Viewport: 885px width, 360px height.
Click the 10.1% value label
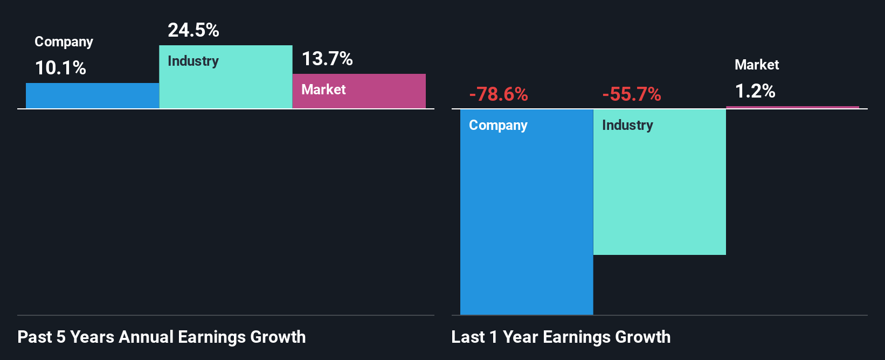(60, 68)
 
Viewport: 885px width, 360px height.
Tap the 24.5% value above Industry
(193, 30)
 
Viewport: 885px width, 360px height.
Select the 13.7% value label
(327, 59)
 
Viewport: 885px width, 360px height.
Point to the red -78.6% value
(499, 94)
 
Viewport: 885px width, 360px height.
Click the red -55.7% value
(632, 94)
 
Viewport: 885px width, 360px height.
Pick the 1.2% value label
(755, 91)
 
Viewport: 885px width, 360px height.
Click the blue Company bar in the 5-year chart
(92, 96)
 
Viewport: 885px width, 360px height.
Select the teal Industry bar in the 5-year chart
(226, 86)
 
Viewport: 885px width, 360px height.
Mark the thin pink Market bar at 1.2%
(792, 107)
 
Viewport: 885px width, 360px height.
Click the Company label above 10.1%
(64, 42)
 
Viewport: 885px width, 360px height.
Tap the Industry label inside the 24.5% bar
(193, 61)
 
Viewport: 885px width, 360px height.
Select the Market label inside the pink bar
(323, 89)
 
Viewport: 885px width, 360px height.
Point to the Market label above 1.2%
(757, 65)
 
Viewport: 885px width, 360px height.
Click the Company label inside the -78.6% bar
(498, 126)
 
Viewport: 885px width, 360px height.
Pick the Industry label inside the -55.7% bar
(627, 126)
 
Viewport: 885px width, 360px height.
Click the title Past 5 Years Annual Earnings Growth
(162, 337)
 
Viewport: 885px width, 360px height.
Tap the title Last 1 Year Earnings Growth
(561, 337)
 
